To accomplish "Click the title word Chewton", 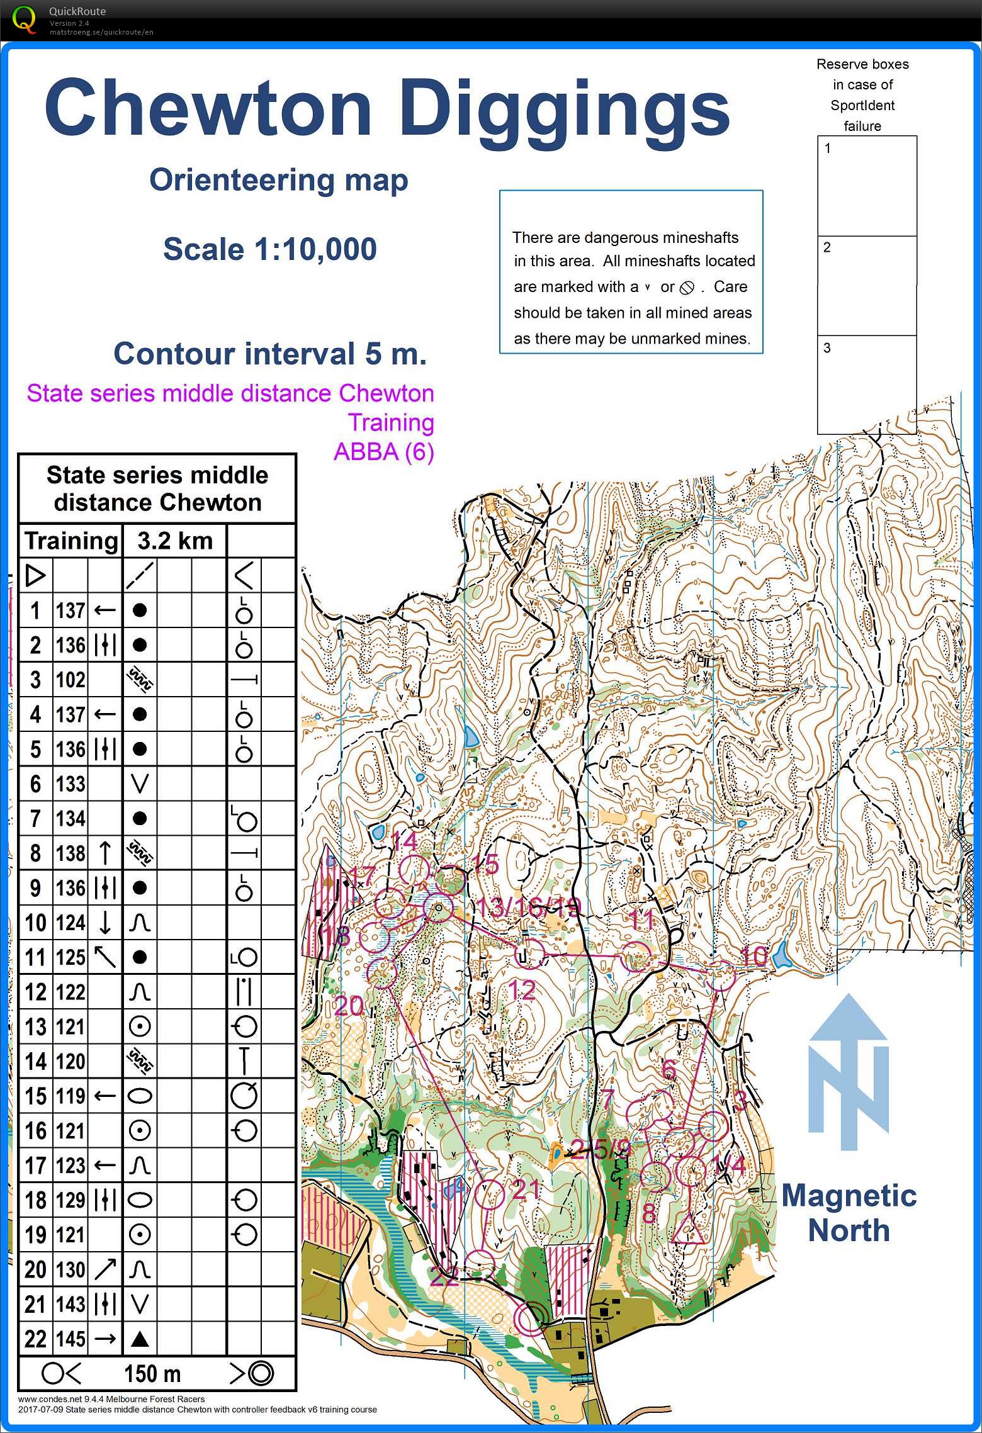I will tap(208, 108).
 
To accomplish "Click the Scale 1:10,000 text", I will tap(269, 249).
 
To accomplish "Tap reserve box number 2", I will tap(867, 285).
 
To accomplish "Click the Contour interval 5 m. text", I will tap(270, 354).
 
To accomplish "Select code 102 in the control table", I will tap(71, 680).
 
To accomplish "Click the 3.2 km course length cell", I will tap(174, 541).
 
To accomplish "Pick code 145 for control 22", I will tap(71, 1339).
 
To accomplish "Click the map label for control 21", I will tap(526, 1189).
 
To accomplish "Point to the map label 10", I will tap(753, 957).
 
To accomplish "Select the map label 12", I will tap(522, 990).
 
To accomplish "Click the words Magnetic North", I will tap(849, 1213).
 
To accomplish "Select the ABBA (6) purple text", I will tap(383, 452).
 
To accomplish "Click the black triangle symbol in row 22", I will tap(140, 1339).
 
